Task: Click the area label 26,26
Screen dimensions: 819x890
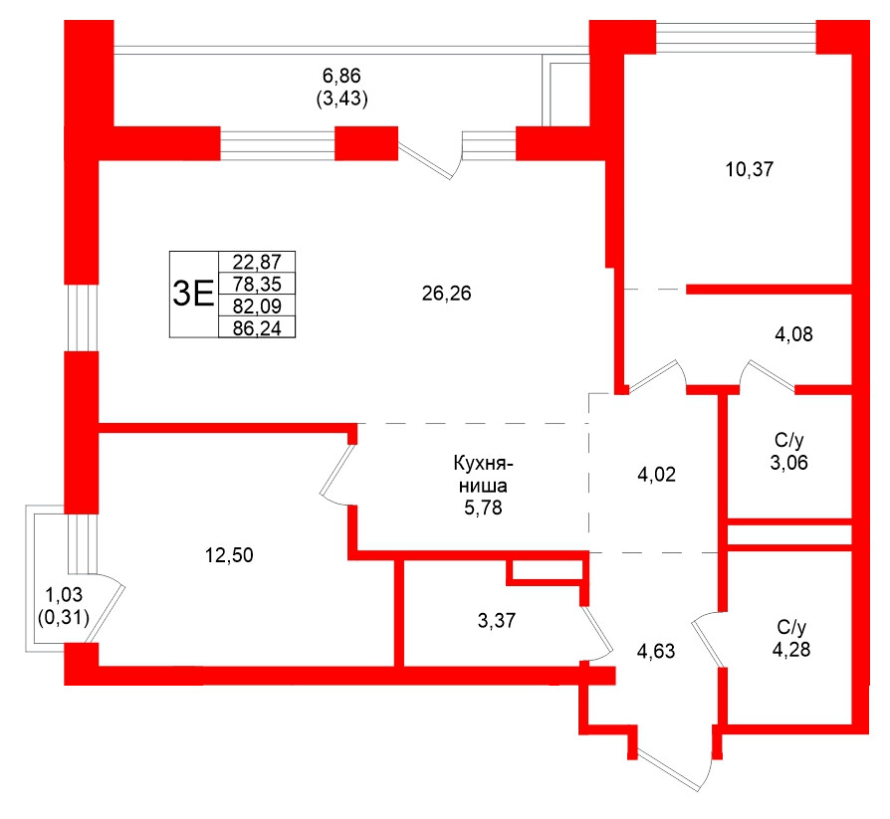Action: tap(446, 294)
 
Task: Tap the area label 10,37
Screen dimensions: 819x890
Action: tap(750, 169)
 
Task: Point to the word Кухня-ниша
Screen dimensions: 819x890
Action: tap(481, 476)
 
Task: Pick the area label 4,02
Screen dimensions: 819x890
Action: tap(656, 475)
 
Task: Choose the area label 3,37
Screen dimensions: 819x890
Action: tap(498, 622)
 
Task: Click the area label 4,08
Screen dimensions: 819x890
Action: tap(793, 334)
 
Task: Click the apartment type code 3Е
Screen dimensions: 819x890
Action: tap(193, 294)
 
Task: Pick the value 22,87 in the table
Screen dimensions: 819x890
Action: tap(257, 264)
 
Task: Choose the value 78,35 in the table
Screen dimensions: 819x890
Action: tap(257, 284)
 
